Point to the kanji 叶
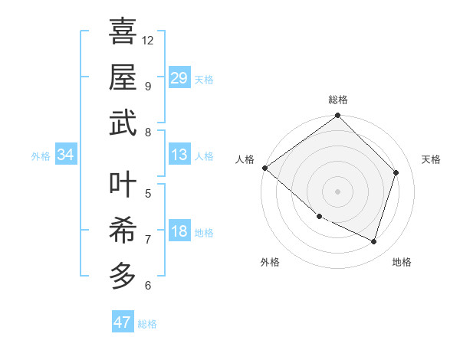pyautogui.click(x=123, y=182)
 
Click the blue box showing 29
pyautogui.click(x=179, y=77)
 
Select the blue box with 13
pyautogui.click(x=179, y=155)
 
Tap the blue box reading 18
pyautogui.click(x=179, y=231)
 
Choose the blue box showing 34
pyautogui.click(x=65, y=155)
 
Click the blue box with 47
pyautogui.click(x=122, y=322)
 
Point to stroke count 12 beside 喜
pyautogui.click(x=148, y=39)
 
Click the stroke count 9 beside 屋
pyautogui.click(x=147, y=86)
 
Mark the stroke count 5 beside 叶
pyautogui.click(x=147, y=192)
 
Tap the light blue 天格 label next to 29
pyautogui.click(x=204, y=79)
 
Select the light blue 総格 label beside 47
pyautogui.click(x=147, y=324)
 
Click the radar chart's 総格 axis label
pyautogui.click(x=337, y=100)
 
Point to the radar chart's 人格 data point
pyautogui.click(x=264, y=168)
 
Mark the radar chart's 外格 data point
pyautogui.click(x=319, y=216)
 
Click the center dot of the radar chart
pyautogui.click(x=337, y=191)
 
